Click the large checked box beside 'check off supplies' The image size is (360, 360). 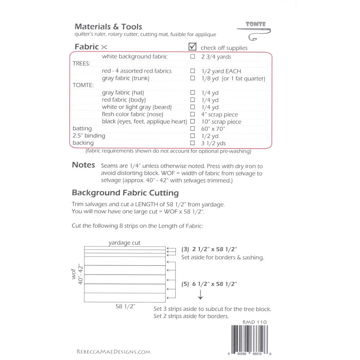[193, 46]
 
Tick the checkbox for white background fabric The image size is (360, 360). [193, 57]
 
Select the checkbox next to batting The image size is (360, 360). [193, 129]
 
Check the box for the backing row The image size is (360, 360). [193, 143]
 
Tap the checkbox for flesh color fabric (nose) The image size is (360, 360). [193, 114]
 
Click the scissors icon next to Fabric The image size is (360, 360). [104, 47]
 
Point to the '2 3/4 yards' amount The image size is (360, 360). [216, 57]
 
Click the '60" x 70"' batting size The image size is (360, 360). [213, 129]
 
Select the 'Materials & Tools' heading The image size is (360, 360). [108, 27]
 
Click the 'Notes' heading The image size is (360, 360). [84, 165]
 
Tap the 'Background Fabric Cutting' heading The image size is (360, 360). [125, 193]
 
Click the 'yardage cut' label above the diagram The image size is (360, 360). [125, 243]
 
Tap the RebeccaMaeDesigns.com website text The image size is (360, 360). [113, 352]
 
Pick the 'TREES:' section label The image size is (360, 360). [81, 64]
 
